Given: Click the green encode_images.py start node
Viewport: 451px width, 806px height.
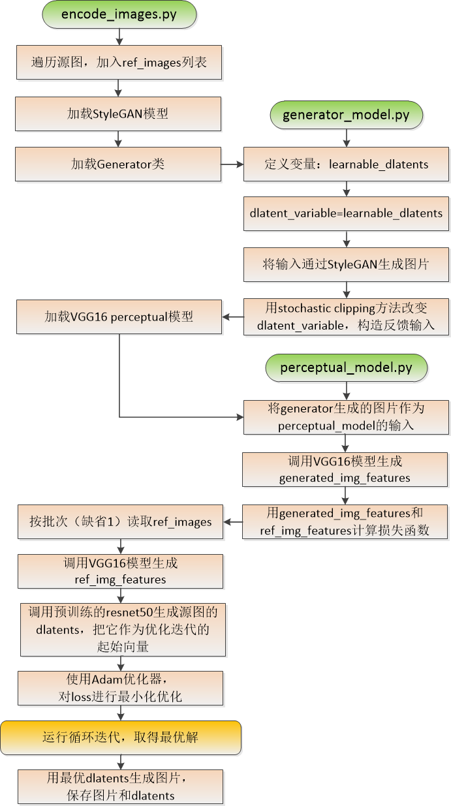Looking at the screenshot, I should click(x=118, y=15).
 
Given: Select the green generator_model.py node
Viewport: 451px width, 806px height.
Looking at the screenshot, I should click(x=346, y=115).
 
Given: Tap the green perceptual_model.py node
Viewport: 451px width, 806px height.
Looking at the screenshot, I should click(x=346, y=367).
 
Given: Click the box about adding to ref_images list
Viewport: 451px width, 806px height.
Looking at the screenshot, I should click(x=118, y=63).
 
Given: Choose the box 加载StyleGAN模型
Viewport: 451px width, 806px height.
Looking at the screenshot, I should click(x=118, y=114).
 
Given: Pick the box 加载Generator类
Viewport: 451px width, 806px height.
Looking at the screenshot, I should click(x=118, y=164).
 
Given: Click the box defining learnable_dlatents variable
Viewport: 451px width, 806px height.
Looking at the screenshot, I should click(x=346, y=164).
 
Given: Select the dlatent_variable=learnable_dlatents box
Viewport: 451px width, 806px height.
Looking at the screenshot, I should click(x=346, y=213).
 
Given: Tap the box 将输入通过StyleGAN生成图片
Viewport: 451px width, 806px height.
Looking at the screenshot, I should click(x=346, y=264).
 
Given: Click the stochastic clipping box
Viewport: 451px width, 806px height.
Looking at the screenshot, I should click(x=346, y=317).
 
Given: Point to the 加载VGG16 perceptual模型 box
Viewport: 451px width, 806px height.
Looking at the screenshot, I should click(x=119, y=317).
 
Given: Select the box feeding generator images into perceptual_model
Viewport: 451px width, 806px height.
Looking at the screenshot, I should click(x=346, y=417).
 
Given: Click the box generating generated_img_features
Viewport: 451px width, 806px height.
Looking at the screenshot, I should click(x=345, y=469).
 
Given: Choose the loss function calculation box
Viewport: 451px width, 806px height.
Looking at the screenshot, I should click(x=345, y=521).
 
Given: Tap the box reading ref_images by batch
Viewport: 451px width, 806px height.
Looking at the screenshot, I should click(x=120, y=521).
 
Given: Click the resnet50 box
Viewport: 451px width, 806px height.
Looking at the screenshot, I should click(x=123, y=629).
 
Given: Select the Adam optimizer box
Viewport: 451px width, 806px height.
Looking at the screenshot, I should click(x=120, y=687).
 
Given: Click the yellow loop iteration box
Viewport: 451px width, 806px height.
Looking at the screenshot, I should click(x=120, y=737).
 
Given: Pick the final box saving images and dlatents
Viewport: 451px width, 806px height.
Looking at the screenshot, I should click(x=120, y=786).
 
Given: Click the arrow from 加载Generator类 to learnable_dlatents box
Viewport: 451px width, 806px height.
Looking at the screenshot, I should click(x=232, y=164).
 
